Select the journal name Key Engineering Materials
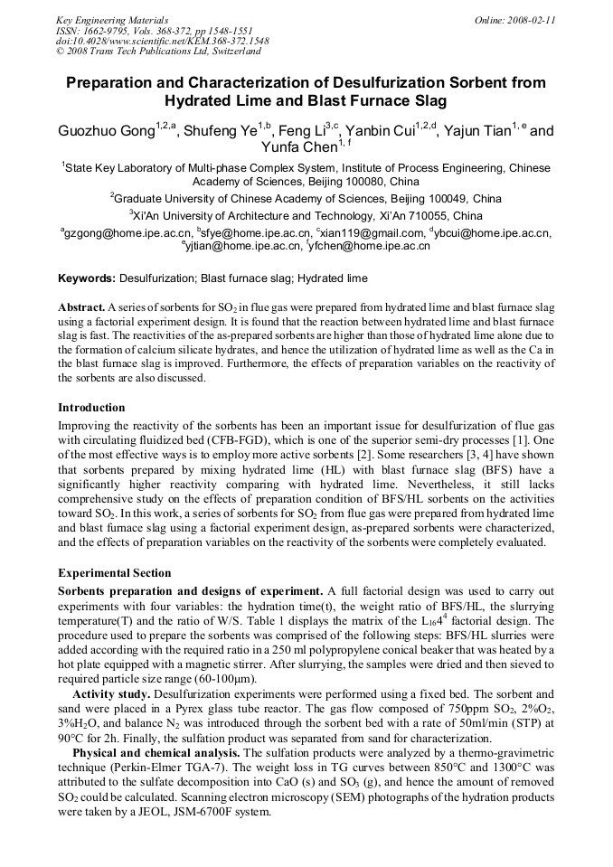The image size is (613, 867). (x=112, y=19)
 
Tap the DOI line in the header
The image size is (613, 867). (x=162, y=42)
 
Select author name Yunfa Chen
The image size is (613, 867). (x=298, y=148)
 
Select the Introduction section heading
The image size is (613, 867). (x=91, y=408)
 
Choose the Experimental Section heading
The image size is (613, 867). (x=114, y=573)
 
